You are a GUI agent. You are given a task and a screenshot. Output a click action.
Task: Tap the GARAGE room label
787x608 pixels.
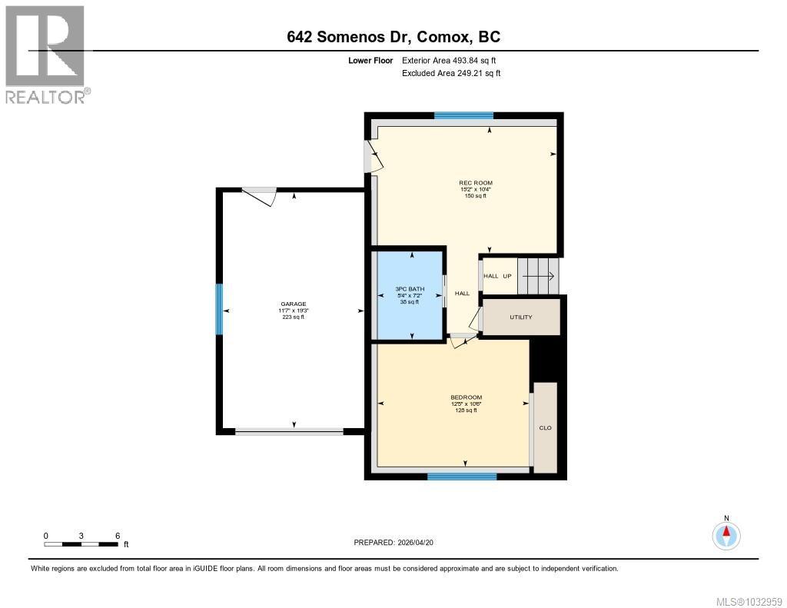coord(293,304)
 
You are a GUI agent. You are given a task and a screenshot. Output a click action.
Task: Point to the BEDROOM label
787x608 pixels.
coord(466,397)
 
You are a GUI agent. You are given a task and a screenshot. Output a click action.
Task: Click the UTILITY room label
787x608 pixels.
coord(520,317)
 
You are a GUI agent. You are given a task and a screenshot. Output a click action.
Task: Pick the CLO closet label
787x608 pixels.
coord(545,428)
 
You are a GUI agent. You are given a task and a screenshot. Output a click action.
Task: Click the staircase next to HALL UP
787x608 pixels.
coord(538,276)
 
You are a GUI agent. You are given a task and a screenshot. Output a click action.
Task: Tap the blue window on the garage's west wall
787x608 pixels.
coord(219,309)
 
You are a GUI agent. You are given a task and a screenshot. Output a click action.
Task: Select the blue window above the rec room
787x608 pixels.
coord(463,116)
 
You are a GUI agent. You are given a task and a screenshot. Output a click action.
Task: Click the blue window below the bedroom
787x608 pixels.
coord(462,477)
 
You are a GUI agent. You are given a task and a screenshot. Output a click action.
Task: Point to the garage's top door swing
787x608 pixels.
coord(260,197)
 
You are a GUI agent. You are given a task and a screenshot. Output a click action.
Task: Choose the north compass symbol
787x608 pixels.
coord(726,533)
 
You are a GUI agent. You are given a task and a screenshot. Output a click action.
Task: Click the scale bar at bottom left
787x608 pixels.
coord(81,544)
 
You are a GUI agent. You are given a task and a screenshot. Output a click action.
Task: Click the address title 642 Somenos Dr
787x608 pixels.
coord(393,37)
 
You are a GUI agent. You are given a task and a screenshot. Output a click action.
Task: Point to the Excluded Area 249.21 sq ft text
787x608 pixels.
coord(451,74)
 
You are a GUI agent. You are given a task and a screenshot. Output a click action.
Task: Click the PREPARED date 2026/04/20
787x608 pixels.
coord(398,543)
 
